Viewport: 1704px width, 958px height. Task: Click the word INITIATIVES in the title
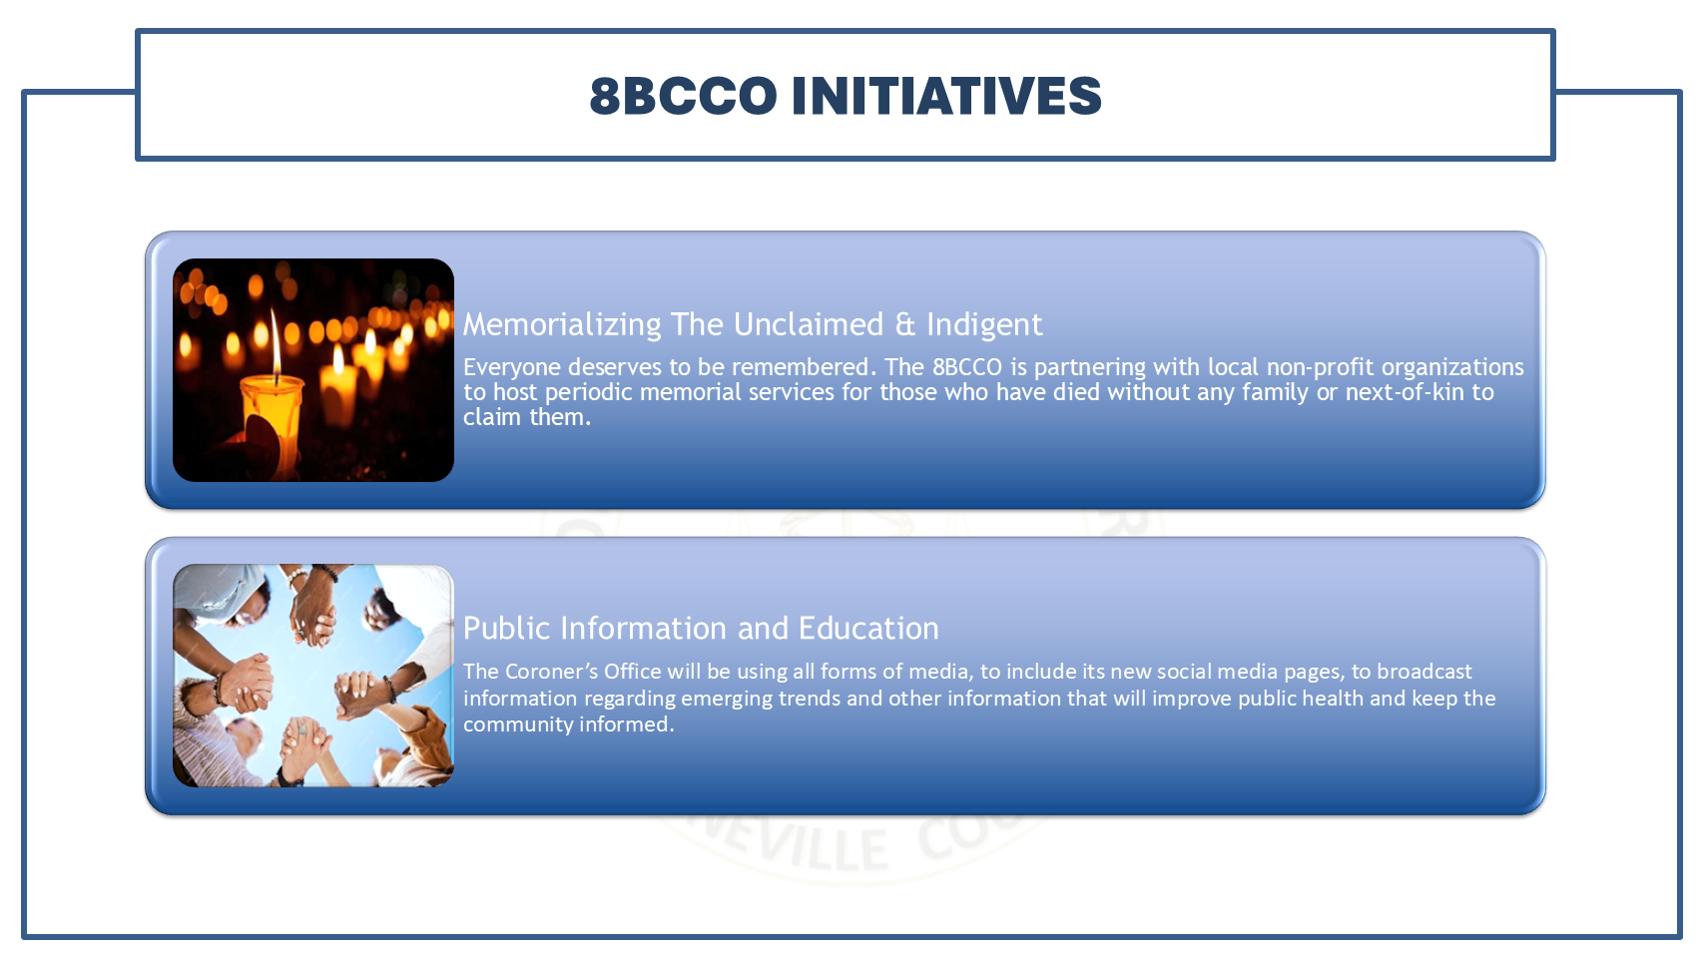pos(945,96)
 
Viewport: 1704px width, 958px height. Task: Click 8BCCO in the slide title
pos(683,96)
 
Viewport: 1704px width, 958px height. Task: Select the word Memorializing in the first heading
pos(562,324)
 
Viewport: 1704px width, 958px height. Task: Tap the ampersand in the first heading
pos(904,324)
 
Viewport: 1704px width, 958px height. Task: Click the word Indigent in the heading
pos(983,324)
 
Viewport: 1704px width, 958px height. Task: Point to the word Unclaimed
pos(808,324)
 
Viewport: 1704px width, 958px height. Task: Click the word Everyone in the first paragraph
pos(511,367)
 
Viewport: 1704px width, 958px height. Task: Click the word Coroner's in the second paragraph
pos(551,672)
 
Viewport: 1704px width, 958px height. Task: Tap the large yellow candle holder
pos(272,409)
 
